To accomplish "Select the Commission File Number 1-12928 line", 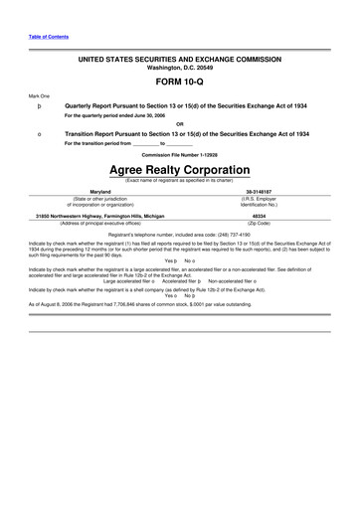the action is click(179, 154).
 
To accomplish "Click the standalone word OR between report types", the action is click(179, 124).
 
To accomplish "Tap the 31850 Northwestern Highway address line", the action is click(99, 214).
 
